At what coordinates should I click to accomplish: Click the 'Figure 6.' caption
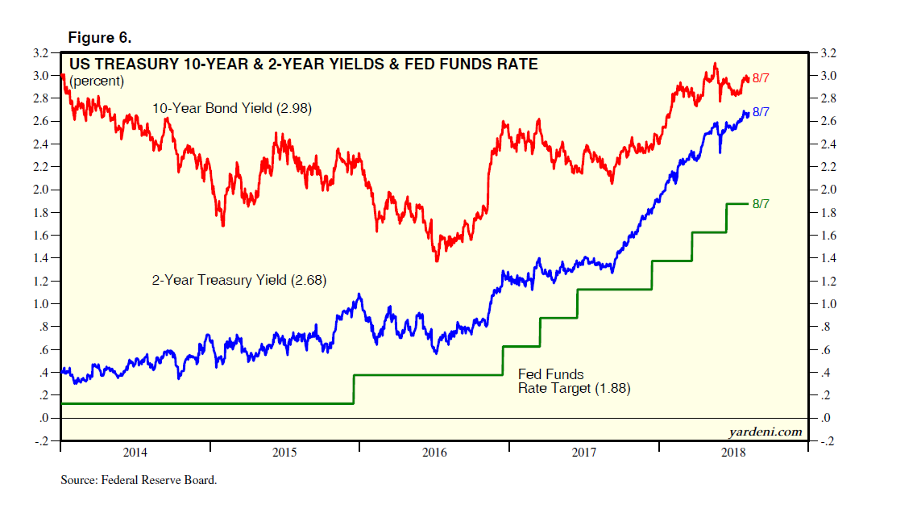pos(100,38)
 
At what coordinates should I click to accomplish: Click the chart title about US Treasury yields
pos(304,64)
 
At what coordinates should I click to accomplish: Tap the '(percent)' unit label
pos(97,81)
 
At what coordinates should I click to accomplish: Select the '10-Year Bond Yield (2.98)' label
pos(231,107)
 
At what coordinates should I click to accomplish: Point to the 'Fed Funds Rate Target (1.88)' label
pos(574,382)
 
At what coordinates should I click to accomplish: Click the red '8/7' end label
pos(761,78)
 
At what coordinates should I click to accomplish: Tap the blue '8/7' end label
pos(761,112)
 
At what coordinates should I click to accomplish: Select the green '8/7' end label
pos(761,203)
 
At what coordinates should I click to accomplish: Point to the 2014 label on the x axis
pos(135,453)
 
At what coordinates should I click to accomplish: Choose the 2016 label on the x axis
pos(434,453)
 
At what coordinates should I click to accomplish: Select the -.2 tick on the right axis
pos(827,441)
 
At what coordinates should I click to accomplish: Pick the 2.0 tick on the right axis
pos(828,190)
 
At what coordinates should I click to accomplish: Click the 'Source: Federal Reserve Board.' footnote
pos(139,480)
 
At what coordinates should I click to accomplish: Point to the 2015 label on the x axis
pos(284,453)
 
